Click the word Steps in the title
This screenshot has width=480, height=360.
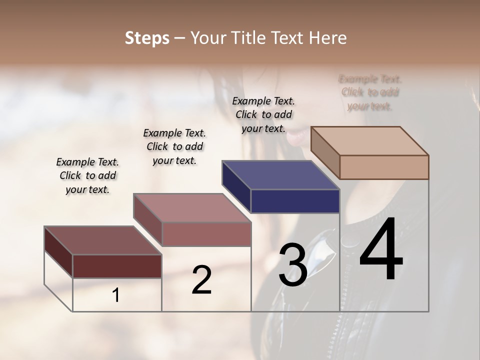(x=147, y=38)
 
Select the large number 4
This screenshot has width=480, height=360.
(x=381, y=250)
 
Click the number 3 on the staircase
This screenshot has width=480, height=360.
(x=292, y=265)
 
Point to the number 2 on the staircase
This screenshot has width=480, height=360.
(x=201, y=280)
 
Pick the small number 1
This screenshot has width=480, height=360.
(x=116, y=295)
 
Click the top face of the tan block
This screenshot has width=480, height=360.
(x=370, y=140)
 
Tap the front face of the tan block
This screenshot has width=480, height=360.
(x=384, y=167)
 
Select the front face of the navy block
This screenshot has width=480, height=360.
(x=295, y=201)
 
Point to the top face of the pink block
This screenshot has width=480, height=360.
(x=192, y=207)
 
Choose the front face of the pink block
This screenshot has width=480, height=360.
(x=206, y=234)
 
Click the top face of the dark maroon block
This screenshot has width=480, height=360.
(x=103, y=240)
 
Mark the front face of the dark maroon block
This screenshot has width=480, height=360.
(x=117, y=266)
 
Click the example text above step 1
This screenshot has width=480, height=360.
(x=87, y=175)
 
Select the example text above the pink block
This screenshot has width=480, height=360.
(x=174, y=146)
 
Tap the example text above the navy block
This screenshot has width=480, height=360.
(x=263, y=114)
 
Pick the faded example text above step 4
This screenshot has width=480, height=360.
(x=370, y=92)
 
